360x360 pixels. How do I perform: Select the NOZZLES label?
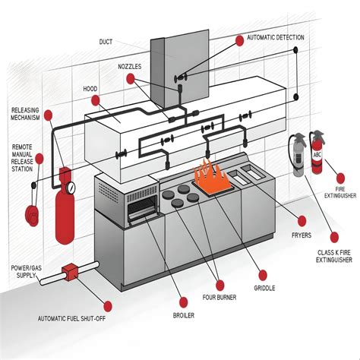point(130,66)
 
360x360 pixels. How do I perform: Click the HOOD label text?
point(90,89)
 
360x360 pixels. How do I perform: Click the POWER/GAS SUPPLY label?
point(26,271)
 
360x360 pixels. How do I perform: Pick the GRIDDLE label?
point(265,289)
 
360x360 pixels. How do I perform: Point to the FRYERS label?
point(301,235)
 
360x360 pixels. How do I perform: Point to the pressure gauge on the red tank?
point(71,187)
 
